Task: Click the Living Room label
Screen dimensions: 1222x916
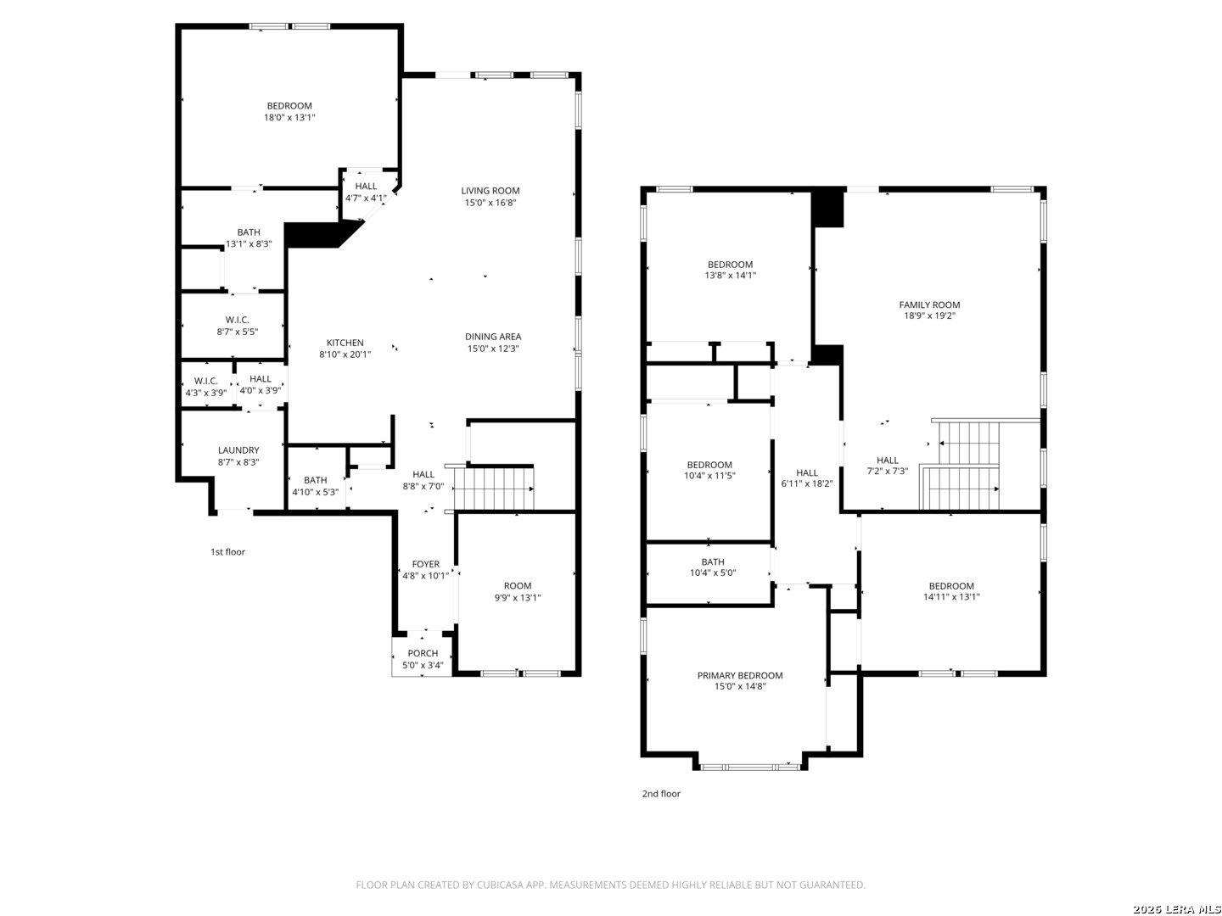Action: [490, 191]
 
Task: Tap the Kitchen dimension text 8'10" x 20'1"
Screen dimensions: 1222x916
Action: [345, 355]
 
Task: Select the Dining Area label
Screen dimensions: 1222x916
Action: [493, 337]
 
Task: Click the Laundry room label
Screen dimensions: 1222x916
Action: [238, 450]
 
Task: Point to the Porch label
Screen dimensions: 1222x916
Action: [423, 653]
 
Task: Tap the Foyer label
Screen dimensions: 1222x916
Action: [425, 564]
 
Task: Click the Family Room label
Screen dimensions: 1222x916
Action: [929, 304]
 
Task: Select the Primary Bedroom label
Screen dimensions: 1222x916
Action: [740, 675]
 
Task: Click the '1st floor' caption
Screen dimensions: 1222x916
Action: [227, 551]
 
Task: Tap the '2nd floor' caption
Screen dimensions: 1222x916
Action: [661, 794]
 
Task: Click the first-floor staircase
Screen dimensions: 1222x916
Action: [494, 489]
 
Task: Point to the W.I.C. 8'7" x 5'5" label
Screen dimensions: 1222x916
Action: [237, 326]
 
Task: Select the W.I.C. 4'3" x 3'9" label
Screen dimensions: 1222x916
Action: [206, 387]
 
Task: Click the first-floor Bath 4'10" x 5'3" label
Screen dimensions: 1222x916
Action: [315, 486]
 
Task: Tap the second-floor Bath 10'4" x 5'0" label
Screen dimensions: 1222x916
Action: [713, 567]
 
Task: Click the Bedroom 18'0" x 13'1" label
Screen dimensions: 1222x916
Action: [289, 111]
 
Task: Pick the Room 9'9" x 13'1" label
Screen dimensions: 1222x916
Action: [517, 592]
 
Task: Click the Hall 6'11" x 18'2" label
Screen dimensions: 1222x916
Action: [807, 478]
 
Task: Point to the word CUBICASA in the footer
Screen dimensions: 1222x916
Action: [500, 885]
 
